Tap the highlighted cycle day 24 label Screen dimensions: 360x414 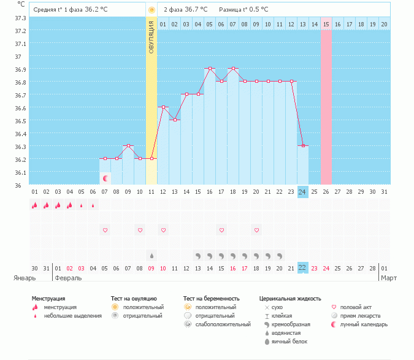tap(302, 192)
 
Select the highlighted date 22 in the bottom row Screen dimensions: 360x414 tap(302, 268)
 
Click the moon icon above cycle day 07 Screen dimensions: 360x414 tap(105, 178)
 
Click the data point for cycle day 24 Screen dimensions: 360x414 tap(302, 145)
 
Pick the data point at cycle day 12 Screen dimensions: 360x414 tap(163, 107)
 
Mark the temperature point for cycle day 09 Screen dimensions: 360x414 tap(128, 145)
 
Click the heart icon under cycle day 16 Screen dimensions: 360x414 tap(221, 230)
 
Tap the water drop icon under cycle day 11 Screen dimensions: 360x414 tap(151, 255)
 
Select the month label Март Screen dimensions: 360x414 tap(389, 278)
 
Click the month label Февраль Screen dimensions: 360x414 tap(68, 278)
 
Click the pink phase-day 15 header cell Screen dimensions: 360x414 tap(326, 24)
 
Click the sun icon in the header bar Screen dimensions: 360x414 tap(151, 10)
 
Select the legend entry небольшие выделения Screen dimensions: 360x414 tap(72, 316)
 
